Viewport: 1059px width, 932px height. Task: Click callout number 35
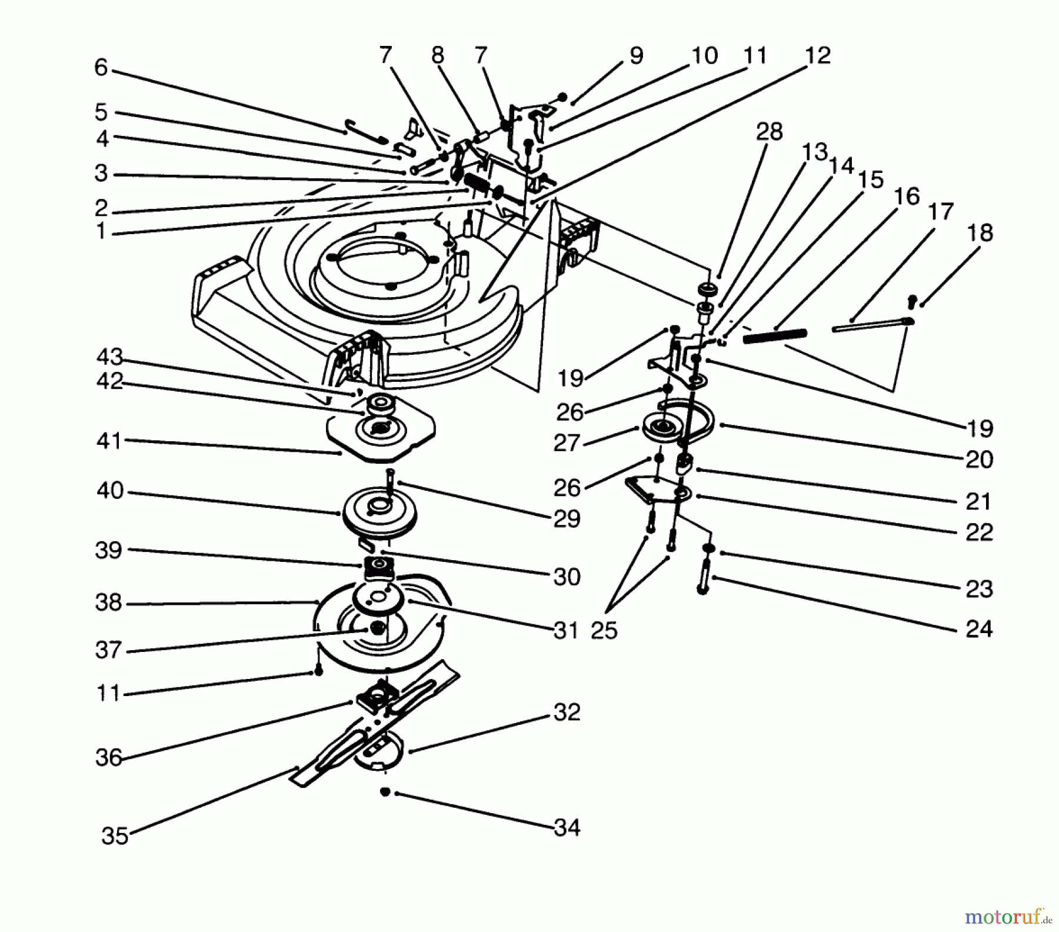point(115,836)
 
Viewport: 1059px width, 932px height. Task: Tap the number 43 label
point(109,357)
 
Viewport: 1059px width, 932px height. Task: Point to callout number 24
point(979,629)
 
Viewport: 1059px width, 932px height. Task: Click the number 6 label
point(101,68)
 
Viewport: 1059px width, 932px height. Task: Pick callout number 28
point(769,132)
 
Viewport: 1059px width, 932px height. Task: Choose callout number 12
point(817,55)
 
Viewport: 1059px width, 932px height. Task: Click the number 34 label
point(567,828)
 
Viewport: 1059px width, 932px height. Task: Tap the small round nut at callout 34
point(385,793)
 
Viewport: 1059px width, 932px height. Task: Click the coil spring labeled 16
point(775,336)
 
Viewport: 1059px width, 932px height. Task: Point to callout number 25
point(604,630)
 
